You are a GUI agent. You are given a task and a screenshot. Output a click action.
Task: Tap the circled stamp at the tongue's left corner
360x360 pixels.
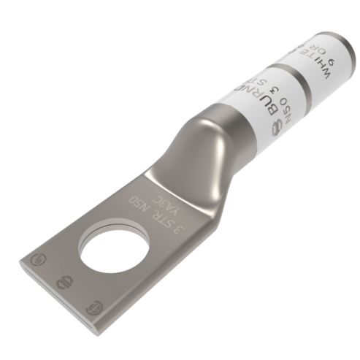(35, 256)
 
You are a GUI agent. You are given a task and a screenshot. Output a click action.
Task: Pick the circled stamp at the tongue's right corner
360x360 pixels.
(91, 307)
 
